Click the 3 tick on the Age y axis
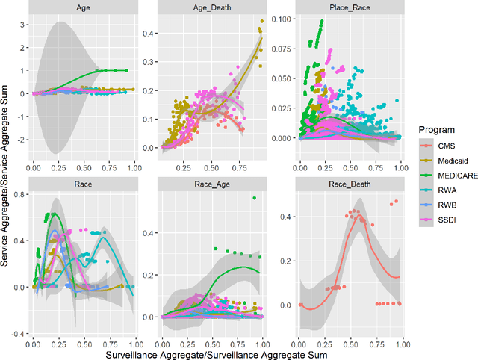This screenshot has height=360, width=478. click(22, 25)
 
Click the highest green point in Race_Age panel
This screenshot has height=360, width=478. click(254, 198)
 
